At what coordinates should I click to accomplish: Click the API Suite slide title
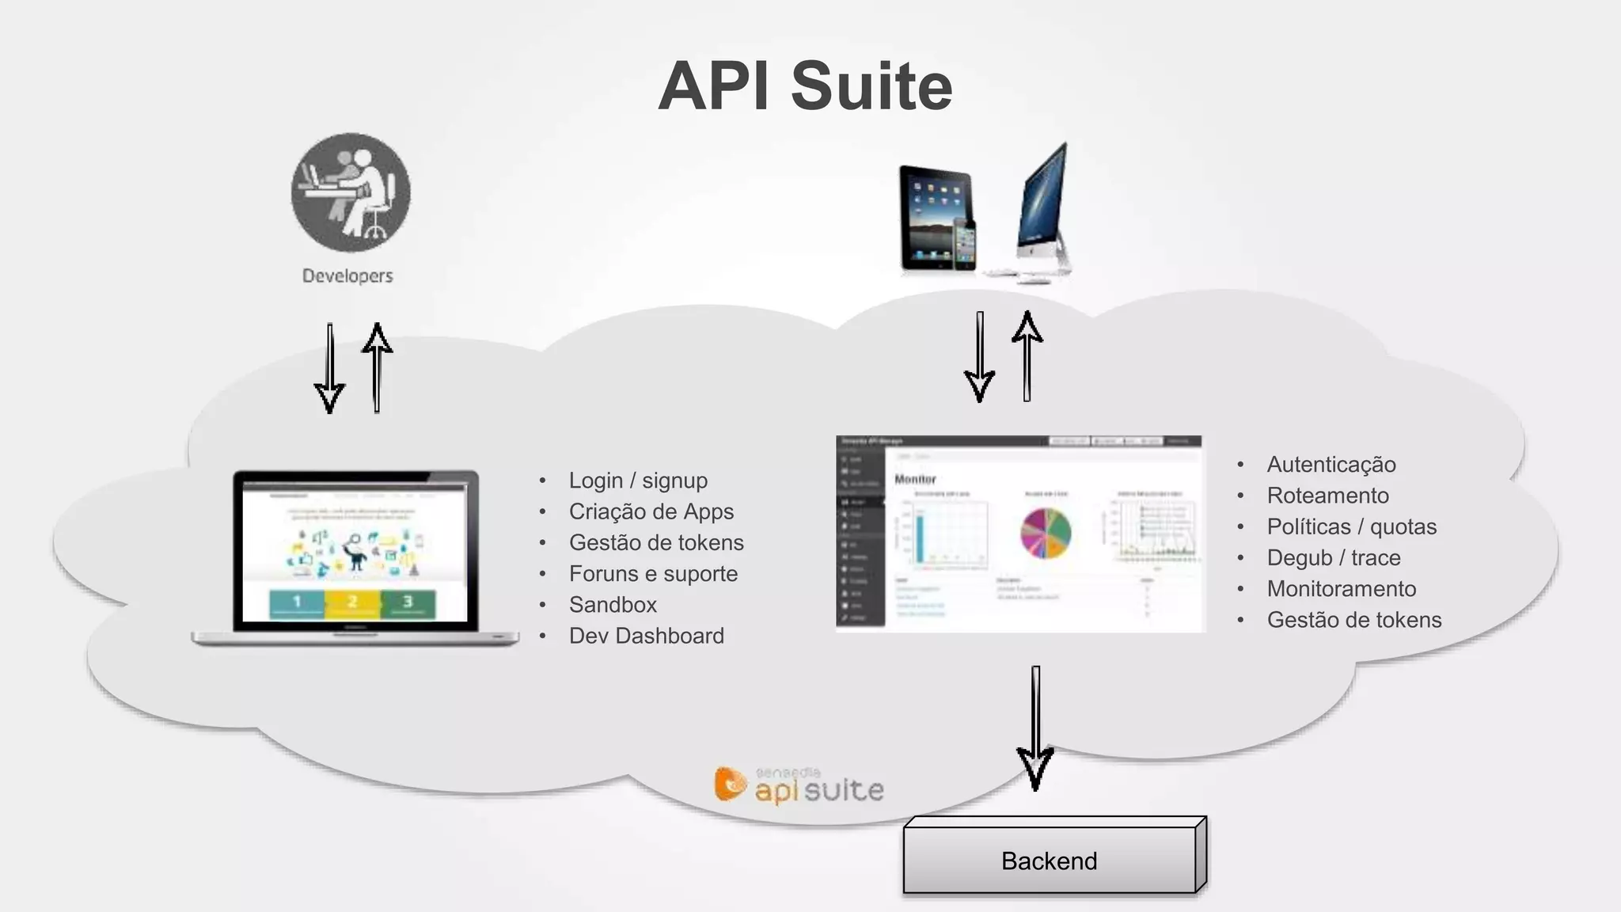pos(805,86)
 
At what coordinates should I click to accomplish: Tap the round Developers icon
pos(351,192)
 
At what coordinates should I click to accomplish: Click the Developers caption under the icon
pos(347,275)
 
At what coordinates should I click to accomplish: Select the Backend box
pos(1050,860)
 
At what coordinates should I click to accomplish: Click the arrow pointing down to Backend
pos(1035,728)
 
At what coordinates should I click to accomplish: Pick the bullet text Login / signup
pos(638,481)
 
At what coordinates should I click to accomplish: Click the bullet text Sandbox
pos(613,605)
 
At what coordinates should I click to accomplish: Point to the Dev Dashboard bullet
pos(646,636)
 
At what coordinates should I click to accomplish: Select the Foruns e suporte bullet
pos(653,574)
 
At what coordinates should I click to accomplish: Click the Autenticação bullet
pos(1331,465)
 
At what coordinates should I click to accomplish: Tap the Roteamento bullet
pos(1327,496)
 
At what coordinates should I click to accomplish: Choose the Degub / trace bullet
pos(1334,558)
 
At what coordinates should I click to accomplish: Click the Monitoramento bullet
pos(1342,589)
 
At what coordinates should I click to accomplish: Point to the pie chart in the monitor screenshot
pos(1046,533)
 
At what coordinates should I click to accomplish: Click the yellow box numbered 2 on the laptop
pos(352,602)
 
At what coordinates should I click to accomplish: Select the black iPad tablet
pos(934,215)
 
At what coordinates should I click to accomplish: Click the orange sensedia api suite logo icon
pos(730,784)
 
